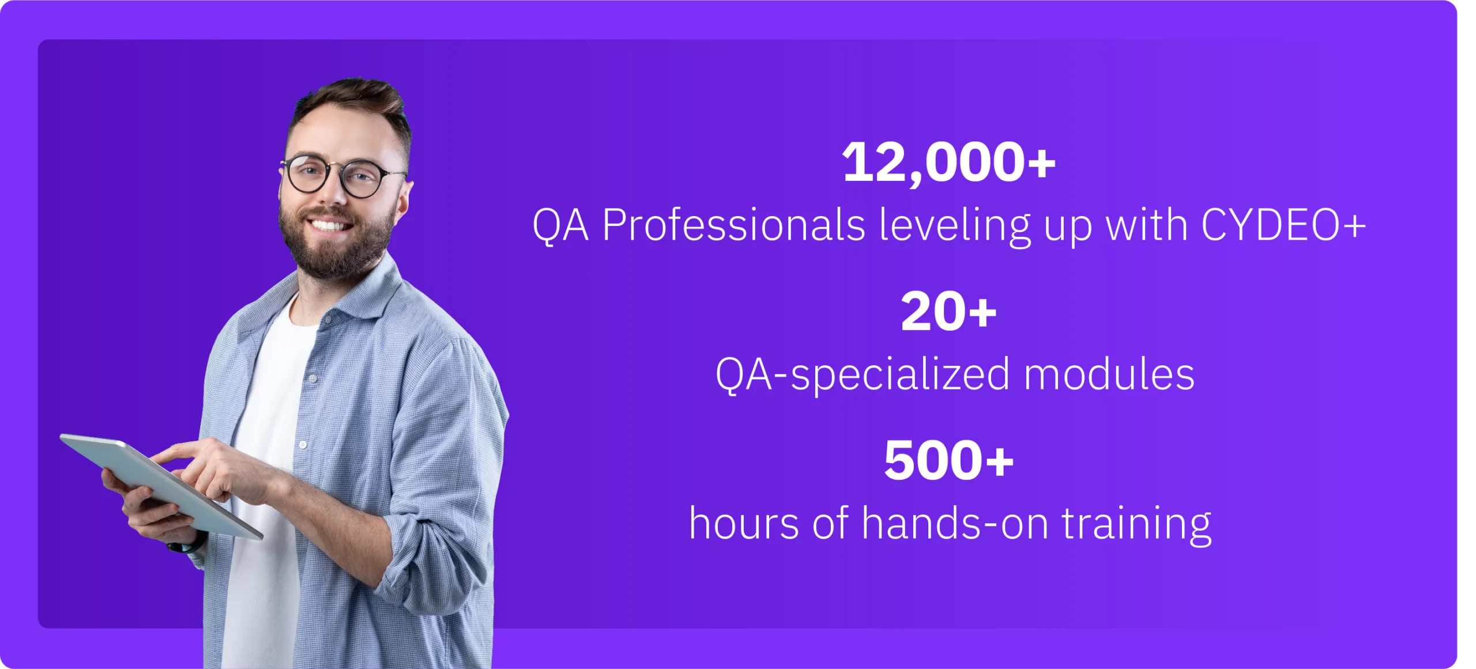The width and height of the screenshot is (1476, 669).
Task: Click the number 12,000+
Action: [948, 163]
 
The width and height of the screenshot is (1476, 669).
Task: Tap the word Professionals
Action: [733, 225]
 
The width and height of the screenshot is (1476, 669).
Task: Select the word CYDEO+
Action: [1283, 225]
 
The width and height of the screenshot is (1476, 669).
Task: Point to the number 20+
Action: [948, 311]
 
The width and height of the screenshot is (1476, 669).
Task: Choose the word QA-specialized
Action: [863, 375]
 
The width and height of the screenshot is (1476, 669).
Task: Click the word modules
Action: [1109, 374]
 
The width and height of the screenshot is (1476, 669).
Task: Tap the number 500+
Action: [948, 460]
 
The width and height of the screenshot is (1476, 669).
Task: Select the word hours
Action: [744, 523]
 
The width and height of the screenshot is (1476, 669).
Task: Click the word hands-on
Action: [955, 523]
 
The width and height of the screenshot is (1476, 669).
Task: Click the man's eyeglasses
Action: [342, 176]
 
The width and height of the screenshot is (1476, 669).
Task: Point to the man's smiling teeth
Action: [329, 225]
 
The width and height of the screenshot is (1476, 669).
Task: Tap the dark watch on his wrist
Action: [186, 545]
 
